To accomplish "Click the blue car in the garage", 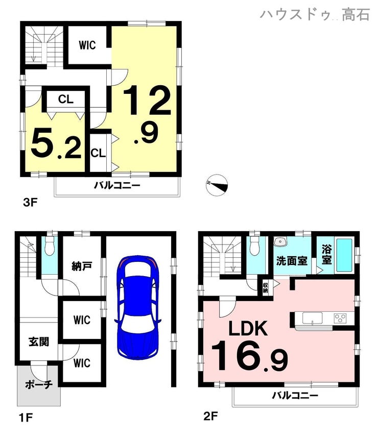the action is click(x=137, y=307).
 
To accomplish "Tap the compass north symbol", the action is click(x=217, y=185).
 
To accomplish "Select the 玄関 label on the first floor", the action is click(x=39, y=341).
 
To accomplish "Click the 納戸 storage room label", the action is click(x=82, y=266).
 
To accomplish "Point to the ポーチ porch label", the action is click(x=39, y=384).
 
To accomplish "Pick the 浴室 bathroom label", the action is click(x=326, y=255).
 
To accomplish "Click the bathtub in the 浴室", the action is click(x=344, y=255).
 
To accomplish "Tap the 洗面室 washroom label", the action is click(x=292, y=261).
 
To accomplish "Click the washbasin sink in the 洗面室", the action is click(x=280, y=241).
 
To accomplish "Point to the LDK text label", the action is click(x=248, y=328).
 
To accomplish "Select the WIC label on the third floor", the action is click(x=87, y=45).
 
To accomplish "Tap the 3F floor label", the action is click(x=30, y=203).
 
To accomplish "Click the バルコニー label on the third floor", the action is click(x=117, y=185).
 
